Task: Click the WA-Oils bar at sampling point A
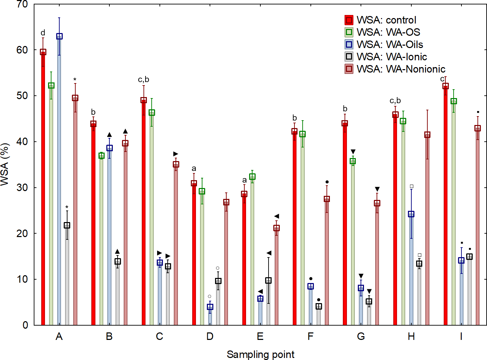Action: (59, 181)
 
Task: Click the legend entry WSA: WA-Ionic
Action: (391, 57)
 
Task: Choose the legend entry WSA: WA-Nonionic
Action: (401, 69)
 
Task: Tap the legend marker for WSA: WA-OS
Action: (349, 32)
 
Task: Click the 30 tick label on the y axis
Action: (22, 188)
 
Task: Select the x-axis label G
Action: (361, 336)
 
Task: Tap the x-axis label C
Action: (159, 336)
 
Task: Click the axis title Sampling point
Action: (260, 355)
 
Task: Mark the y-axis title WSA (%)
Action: (5, 165)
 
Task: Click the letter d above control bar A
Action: (43, 33)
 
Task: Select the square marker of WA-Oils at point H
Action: (411, 214)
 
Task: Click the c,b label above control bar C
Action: (143, 79)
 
